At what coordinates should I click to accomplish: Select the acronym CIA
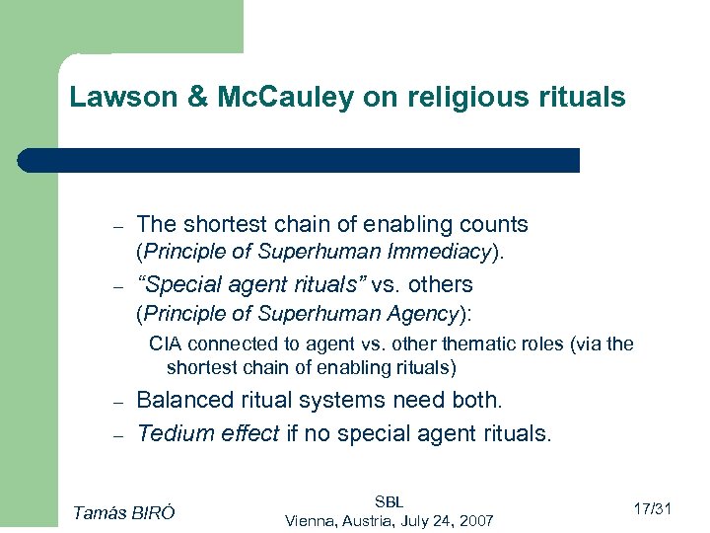pyautogui.click(x=164, y=343)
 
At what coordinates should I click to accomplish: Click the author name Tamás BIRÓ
pyautogui.click(x=124, y=510)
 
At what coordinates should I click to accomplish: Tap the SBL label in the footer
pyautogui.click(x=389, y=501)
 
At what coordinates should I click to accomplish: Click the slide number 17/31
pyautogui.click(x=651, y=509)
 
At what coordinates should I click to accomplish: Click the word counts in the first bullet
pyautogui.click(x=496, y=224)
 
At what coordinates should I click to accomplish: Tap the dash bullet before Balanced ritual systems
pyautogui.click(x=115, y=403)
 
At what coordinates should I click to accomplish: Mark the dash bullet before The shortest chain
pyautogui.click(x=115, y=226)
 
